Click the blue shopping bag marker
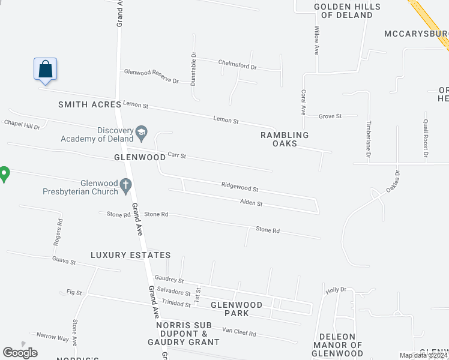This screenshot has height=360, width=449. [x=46, y=69]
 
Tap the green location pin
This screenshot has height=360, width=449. [x=4, y=174]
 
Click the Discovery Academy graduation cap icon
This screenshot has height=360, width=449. [x=142, y=131]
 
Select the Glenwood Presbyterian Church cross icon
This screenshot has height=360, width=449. [x=126, y=187]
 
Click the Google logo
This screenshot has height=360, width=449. [x=20, y=353]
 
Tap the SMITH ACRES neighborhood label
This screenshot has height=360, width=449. [x=85, y=104]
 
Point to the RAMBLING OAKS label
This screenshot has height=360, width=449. [x=285, y=139]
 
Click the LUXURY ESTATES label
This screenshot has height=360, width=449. [x=131, y=255]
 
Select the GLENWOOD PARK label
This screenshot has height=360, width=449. [x=237, y=309]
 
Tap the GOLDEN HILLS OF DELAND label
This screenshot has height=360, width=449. [x=340, y=11]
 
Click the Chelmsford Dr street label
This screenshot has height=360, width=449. [x=237, y=65]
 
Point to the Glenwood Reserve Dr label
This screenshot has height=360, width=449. [x=151, y=76]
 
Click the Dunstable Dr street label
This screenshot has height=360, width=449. [x=193, y=68]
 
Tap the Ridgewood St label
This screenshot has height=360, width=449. [x=240, y=187]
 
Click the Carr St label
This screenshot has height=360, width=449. [x=176, y=155]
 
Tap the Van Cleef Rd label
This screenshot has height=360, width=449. [x=239, y=332]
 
